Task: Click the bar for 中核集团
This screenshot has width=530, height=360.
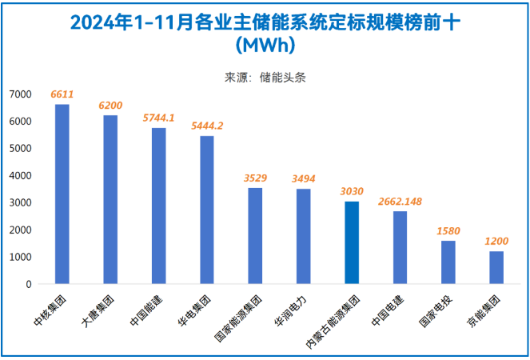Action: [x=62, y=194]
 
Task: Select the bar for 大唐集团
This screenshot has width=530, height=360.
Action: [x=110, y=200]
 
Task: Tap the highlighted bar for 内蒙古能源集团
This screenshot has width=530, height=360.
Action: [x=352, y=242]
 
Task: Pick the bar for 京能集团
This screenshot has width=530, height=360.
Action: [x=496, y=267]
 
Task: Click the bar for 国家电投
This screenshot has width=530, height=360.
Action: [x=448, y=262]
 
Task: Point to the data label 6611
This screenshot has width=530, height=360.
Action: [x=62, y=94]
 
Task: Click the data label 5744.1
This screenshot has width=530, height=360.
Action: [x=159, y=118]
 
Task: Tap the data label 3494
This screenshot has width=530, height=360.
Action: [x=304, y=178]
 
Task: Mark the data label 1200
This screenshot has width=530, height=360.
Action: [x=496, y=241]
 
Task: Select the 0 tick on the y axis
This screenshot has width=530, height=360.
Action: [x=28, y=284]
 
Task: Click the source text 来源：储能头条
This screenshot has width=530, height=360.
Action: [x=265, y=78]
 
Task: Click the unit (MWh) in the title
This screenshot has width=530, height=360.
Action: [x=265, y=43]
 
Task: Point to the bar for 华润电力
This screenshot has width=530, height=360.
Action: [x=304, y=236]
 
